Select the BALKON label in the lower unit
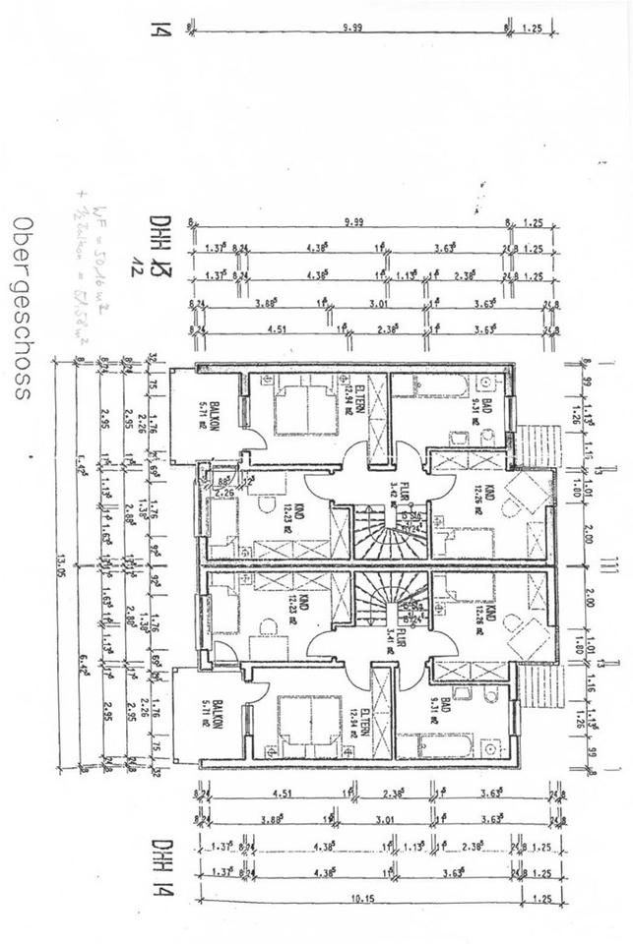pos(204,712)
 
